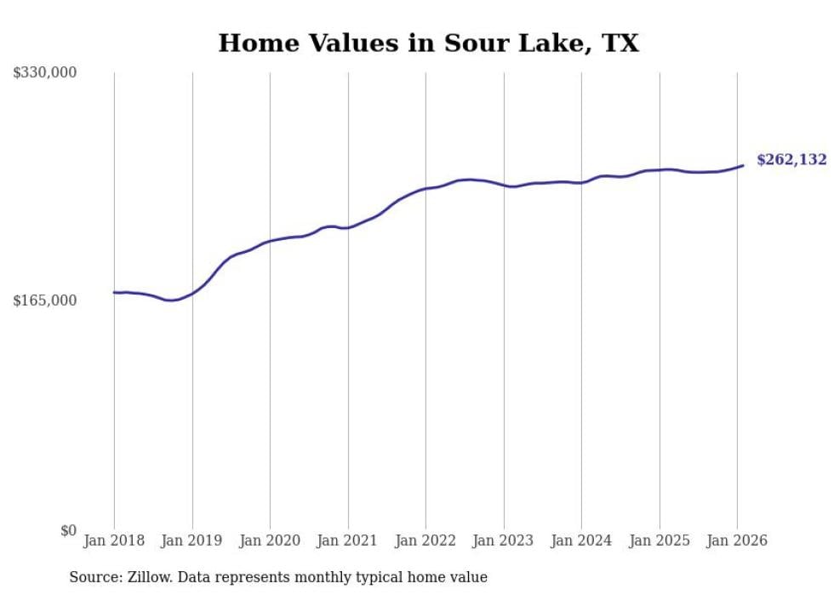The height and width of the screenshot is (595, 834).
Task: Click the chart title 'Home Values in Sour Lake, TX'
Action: point(428,43)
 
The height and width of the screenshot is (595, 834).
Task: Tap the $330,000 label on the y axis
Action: point(44,73)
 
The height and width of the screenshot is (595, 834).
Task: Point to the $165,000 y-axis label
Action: point(44,300)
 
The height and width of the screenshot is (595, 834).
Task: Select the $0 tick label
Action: point(68,530)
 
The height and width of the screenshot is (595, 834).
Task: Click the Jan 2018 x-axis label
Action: point(114,541)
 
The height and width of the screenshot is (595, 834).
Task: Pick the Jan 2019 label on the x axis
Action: point(192,541)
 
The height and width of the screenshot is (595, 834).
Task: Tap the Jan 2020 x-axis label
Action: point(270,541)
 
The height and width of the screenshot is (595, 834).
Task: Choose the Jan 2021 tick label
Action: point(348,541)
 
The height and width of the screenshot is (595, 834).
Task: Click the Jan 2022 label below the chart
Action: point(426,541)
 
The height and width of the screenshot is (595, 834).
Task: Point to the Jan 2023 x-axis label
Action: point(504,541)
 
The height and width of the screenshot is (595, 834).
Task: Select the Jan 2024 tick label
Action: point(581,541)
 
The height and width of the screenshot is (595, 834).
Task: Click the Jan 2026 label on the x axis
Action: point(737,541)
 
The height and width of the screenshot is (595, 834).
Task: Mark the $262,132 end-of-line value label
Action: point(791,160)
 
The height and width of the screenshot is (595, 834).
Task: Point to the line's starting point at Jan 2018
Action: point(114,292)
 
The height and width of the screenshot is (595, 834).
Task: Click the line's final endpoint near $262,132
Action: point(743,165)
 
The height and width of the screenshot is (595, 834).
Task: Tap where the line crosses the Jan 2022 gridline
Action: point(426,188)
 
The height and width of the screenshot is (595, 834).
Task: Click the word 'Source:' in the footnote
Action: point(94,578)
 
